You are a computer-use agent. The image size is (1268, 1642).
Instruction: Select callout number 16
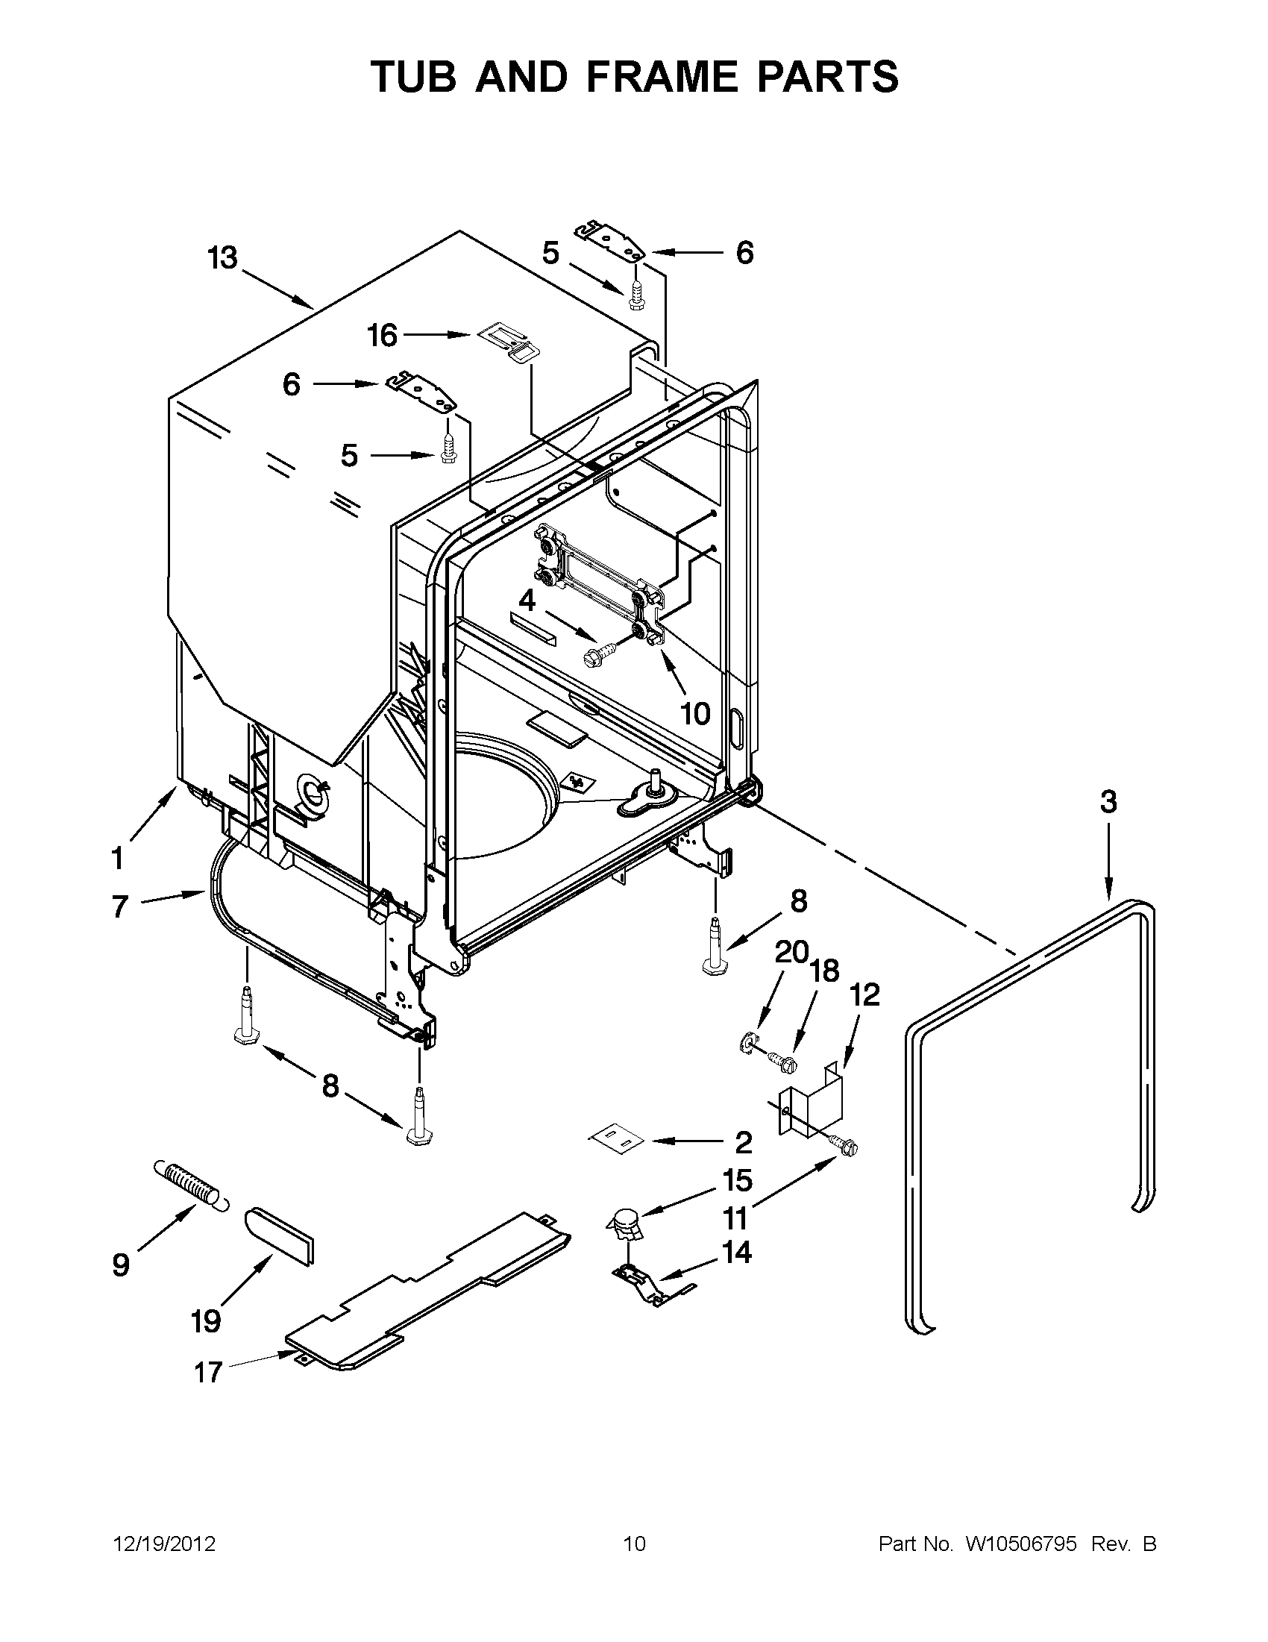[382, 335]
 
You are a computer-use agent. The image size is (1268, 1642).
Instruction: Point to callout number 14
[736, 1253]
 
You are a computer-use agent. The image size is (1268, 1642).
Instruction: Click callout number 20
[791, 953]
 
